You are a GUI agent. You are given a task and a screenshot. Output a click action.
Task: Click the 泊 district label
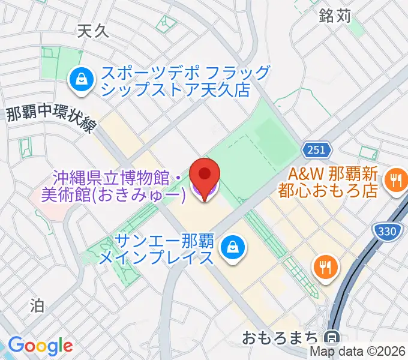[37, 306]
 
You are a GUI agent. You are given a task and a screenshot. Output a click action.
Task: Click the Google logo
[40, 346]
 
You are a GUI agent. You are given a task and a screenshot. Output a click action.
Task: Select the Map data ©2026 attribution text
[358, 353]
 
